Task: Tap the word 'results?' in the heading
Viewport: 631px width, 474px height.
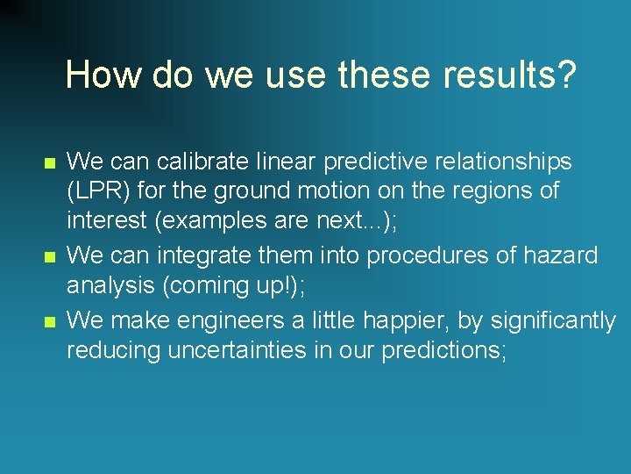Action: tap(510, 75)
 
